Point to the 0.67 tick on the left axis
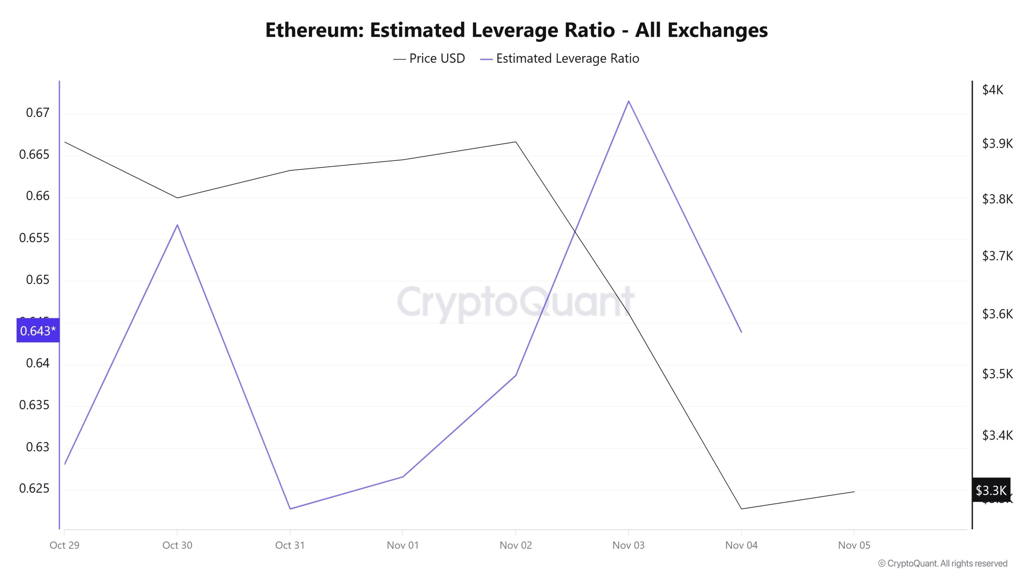(x=38, y=113)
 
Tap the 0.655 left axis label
(x=34, y=238)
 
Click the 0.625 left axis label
(x=34, y=488)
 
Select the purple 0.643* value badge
(x=38, y=330)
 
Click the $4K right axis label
(x=992, y=90)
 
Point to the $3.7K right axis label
(x=997, y=255)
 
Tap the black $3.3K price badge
(x=991, y=490)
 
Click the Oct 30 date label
(x=177, y=545)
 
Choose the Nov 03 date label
(x=628, y=545)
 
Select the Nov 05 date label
(x=854, y=545)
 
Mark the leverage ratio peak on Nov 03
(x=629, y=101)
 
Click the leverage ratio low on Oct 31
(x=290, y=509)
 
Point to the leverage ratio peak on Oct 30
(x=177, y=225)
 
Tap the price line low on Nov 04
(x=741, y=509)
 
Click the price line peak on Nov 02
(x=516, y=142)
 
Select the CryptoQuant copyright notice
(x=943, y=563)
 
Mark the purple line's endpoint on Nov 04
(x=741, y=332)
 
